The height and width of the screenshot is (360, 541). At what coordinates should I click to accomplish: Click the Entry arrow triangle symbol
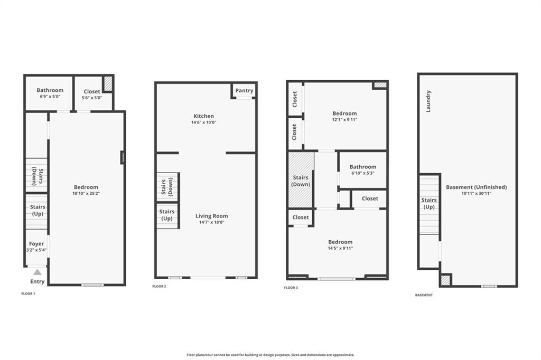click(x=38, y=272)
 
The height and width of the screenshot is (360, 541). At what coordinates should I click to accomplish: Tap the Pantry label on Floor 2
click(x=244, y=90)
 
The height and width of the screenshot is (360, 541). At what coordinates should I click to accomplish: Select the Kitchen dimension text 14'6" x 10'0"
click(x=204, y=122)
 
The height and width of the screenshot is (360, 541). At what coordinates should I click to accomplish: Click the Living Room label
click(x=211, y=216)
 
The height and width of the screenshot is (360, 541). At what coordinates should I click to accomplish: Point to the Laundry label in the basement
click(x=428, y=101)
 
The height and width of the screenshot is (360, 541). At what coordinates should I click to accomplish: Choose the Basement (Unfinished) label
click(x=477, y=187)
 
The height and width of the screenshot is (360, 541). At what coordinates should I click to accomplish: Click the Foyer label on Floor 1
click(x=36, y=243)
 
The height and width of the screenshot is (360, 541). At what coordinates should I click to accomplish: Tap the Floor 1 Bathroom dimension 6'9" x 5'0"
click(x=50, y=97)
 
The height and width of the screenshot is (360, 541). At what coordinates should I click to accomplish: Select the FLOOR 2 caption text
click(x=159, y=286)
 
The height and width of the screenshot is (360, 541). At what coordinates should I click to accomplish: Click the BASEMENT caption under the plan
click(x=424, y=295)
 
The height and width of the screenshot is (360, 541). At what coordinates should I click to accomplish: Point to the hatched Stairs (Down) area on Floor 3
click(x=301, y=180)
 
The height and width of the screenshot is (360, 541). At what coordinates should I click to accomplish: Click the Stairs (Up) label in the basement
click(x=429, y=203)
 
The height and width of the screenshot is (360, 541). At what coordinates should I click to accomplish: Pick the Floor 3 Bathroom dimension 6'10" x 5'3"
click(x=363, y=173)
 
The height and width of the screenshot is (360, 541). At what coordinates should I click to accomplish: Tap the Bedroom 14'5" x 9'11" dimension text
click(x=341, y=248)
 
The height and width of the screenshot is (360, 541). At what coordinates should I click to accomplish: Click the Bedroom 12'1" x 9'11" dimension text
click(x=344, y=120)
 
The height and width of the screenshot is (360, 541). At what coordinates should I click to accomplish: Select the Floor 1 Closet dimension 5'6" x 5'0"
click(x=92, y=98)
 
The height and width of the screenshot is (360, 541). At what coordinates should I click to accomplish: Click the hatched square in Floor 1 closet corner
click(x=108, y=84)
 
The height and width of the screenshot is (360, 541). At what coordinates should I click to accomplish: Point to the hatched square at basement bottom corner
click(x=445, y=280)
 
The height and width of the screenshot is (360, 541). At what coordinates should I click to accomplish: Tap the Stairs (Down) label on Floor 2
click(x=167, y=186)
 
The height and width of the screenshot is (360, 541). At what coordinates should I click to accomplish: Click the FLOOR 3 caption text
click(x=291, y=288)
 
